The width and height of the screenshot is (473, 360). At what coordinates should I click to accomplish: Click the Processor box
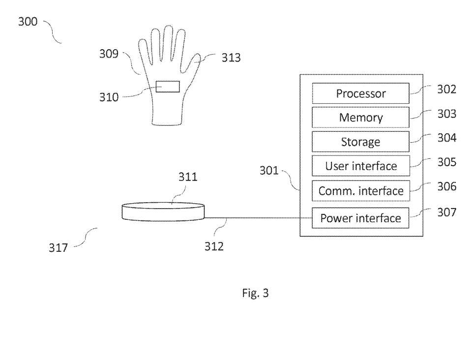point(360,93)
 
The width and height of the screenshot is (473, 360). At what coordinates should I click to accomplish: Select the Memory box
point(360,117)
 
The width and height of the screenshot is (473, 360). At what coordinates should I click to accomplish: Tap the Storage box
point(360,142)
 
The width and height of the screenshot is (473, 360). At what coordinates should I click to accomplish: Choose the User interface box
point(361,166)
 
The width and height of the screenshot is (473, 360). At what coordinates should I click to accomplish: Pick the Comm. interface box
point(361,191)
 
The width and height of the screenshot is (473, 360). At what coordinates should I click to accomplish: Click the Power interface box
point(360,218)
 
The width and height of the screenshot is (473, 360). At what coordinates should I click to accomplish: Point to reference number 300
point(28,22)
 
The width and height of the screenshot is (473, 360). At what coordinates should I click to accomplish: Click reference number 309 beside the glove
point(109,54)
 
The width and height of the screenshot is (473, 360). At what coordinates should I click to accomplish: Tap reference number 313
point(231,58)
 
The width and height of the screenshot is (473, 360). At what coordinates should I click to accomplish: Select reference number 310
point(109,97)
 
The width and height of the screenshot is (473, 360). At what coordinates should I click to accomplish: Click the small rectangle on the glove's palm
point(168,87)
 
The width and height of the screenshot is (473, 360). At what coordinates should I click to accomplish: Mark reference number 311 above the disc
point(188,177)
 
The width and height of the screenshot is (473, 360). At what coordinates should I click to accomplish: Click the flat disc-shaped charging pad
point(163,212)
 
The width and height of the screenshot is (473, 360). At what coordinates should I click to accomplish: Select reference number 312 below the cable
point(214,246)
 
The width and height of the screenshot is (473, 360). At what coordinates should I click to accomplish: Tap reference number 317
point(58,248)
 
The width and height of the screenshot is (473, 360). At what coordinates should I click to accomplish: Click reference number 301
point(269,171)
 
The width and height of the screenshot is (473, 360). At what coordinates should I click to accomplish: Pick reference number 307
point(447,212)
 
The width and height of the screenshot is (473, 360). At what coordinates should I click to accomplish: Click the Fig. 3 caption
point(255,293)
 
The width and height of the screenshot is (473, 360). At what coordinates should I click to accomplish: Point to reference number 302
point(447,90)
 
